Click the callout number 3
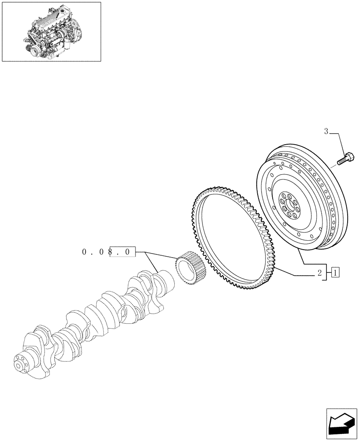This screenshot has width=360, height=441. pos(326,131)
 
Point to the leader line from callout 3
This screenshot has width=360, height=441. pos(340,141)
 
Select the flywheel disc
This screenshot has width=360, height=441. pos(300,198)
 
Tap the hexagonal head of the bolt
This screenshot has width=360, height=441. pos(350,157)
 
